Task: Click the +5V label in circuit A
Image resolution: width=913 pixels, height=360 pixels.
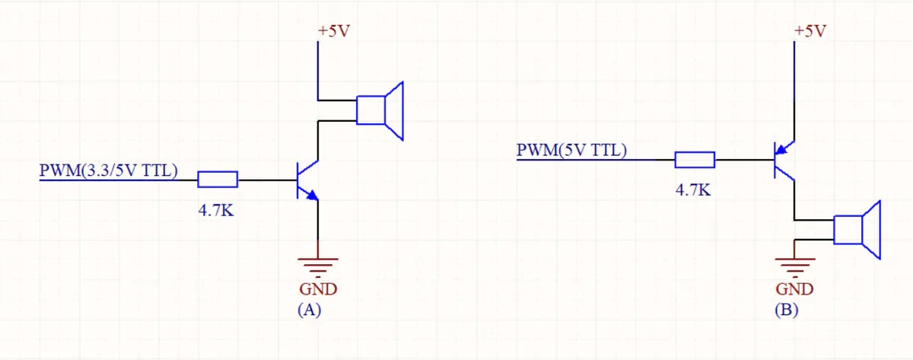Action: point(334,31)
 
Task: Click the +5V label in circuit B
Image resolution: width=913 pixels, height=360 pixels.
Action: point(810,31)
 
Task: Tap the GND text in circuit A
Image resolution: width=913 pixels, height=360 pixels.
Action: point(317,289)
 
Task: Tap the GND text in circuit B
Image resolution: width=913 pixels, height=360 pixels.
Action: point(794,289)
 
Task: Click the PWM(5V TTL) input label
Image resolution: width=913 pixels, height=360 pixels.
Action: point(571,149)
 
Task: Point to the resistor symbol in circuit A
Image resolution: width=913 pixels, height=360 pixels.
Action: point(218,180)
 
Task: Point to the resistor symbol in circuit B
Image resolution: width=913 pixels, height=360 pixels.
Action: point(694,160)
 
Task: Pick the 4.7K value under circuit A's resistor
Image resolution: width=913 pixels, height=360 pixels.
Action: point(217,211)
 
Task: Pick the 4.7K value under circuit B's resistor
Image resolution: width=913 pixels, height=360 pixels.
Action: point(693,190)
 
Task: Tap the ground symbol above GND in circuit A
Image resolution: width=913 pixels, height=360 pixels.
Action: point(317,266)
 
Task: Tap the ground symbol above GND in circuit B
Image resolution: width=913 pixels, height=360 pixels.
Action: point(794,266)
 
